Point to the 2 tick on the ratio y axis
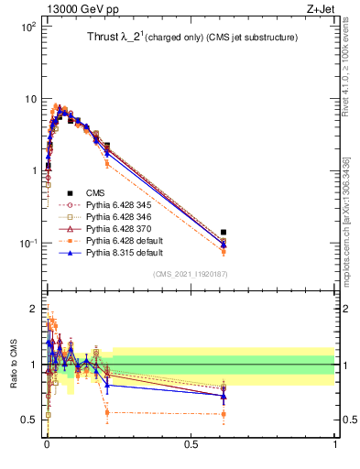(34, 308)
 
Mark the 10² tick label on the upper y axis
(28, 27)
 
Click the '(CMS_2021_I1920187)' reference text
(191, 275)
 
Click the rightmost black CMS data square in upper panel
(224, 233)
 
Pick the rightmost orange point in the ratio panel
(224, 414)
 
